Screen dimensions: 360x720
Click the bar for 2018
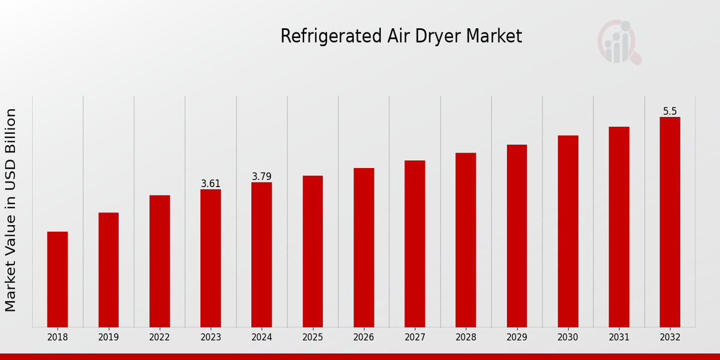[x=58, y=279]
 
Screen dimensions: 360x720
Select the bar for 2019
[x=109, y=269]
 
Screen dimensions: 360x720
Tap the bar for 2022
[x=160, y=261]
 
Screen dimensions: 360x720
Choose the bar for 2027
[x=415, y=244]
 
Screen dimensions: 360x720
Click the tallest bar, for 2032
[x=670, y=222]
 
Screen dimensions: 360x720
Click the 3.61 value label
[x=211, y=184]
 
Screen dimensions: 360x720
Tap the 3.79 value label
[x=262, y=176]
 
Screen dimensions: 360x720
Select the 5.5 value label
[x=670, y=111]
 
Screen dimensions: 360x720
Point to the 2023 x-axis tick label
[x=211, y=337]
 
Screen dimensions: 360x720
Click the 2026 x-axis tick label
[x=364, y=337]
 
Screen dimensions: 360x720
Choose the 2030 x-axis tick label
[x=568, y=337]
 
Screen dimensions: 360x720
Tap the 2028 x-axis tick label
[x=466, y=337]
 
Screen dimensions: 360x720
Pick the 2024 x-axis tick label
[x=262, y=337]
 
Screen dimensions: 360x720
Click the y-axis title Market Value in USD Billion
[x=11, y=210]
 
